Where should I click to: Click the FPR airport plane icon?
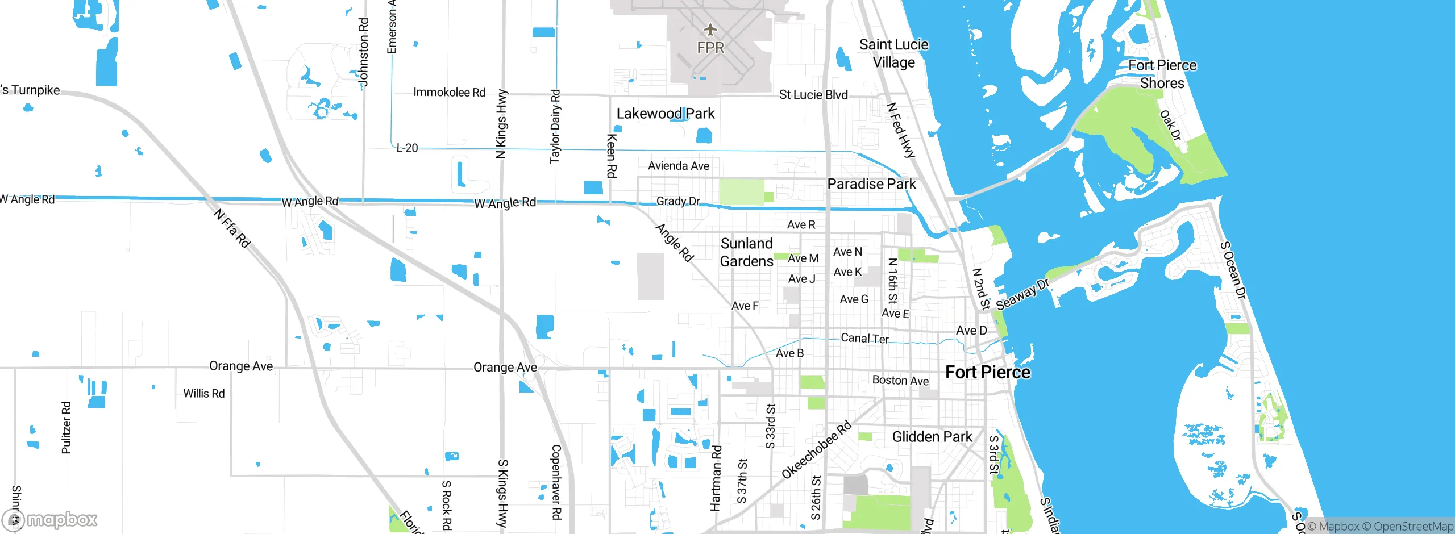point(710,29)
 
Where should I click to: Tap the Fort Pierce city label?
point(987,372)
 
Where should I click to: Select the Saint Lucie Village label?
point(893,53)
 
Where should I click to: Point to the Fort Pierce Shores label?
point(1162,74)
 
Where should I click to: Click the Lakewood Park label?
point(666,114)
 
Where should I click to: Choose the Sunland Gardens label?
point(746,252)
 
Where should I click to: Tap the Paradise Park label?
point(871,184)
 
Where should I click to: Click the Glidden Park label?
point(932,437)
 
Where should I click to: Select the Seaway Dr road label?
point(1022,295)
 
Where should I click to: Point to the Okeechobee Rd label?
point(816,449)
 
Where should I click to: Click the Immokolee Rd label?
point(449,92)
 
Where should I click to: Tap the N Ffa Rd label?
point(232,228)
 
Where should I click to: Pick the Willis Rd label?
point(203,393)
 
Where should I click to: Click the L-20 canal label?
point(407,148)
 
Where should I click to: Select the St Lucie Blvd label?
point(813,95)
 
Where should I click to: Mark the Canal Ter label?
point(864,338)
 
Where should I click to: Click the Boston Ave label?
point(900,380)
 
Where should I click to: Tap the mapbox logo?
point(50,519)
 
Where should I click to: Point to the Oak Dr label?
point(1170,126)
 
